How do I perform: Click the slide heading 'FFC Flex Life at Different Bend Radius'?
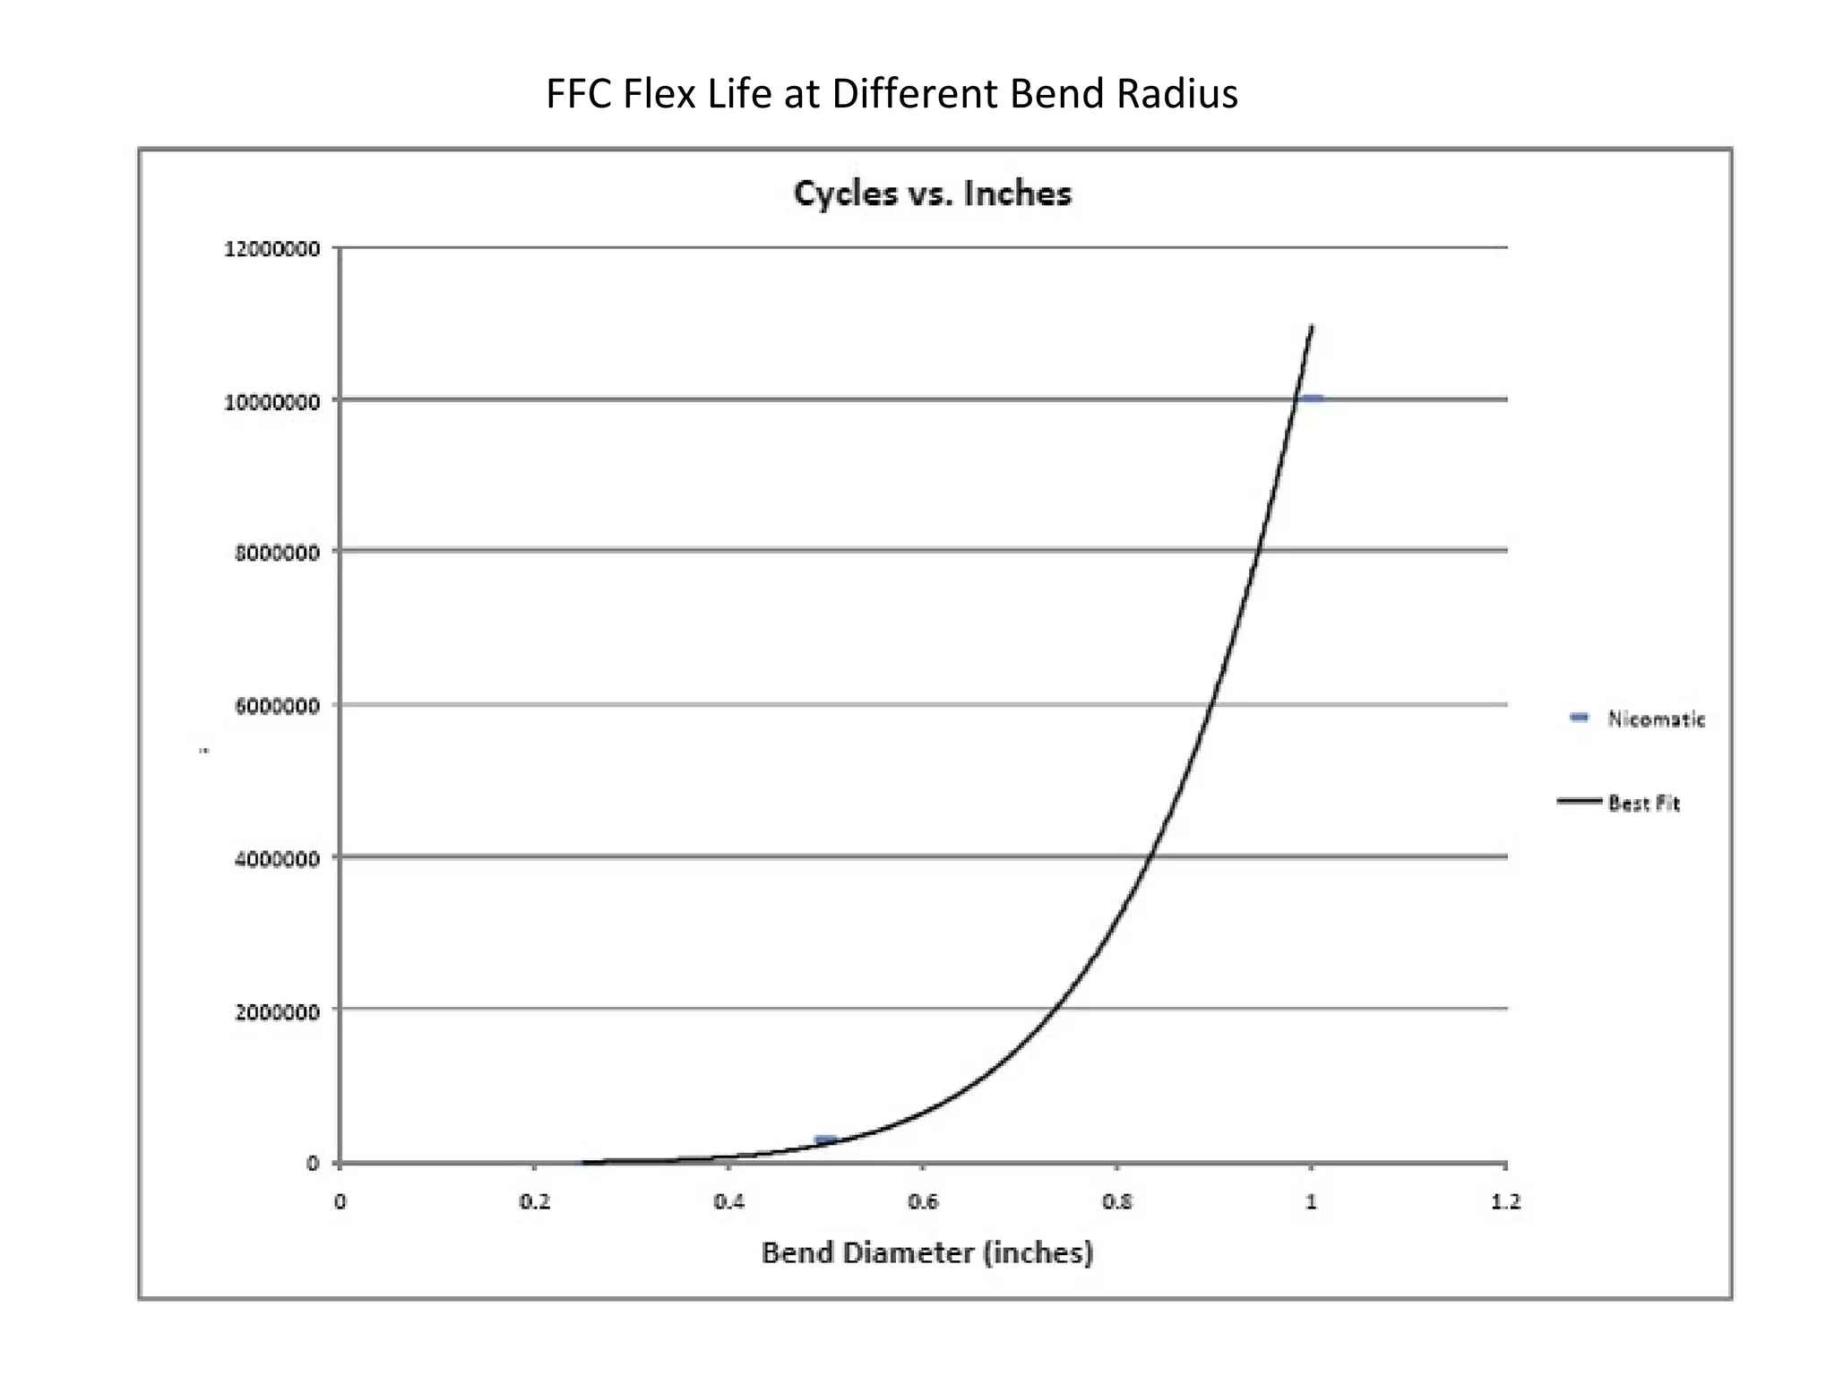tap(892, 94)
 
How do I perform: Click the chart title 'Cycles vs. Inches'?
tap(933, 193)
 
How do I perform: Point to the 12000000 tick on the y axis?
tap(271, 249)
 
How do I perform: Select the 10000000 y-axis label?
tap(271, 401)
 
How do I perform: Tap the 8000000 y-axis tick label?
tap(277, 553)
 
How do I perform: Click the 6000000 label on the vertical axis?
tap(277, 706)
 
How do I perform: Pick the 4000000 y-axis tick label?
tap(277, 859)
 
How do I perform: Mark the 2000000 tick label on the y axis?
tap(277, 1012)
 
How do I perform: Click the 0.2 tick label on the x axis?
tap(535, 1202)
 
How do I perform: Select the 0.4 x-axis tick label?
tap(729, 1202)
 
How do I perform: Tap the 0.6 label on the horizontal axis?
tap(923, 1202)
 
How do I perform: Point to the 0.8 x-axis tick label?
tap(1117, 1202)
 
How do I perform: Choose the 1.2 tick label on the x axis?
tap(1505, 1202)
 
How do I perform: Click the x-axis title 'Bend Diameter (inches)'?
tap(927, 1252)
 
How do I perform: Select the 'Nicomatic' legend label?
tap(1656, 718)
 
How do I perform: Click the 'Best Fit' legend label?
tap(1643, 803)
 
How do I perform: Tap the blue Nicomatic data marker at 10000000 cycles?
tap(1314, 399)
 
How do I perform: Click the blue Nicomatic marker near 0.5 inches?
tap(825, 1139)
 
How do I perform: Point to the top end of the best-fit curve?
tap(1312, 327)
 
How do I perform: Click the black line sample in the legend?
tap(1579, 801)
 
